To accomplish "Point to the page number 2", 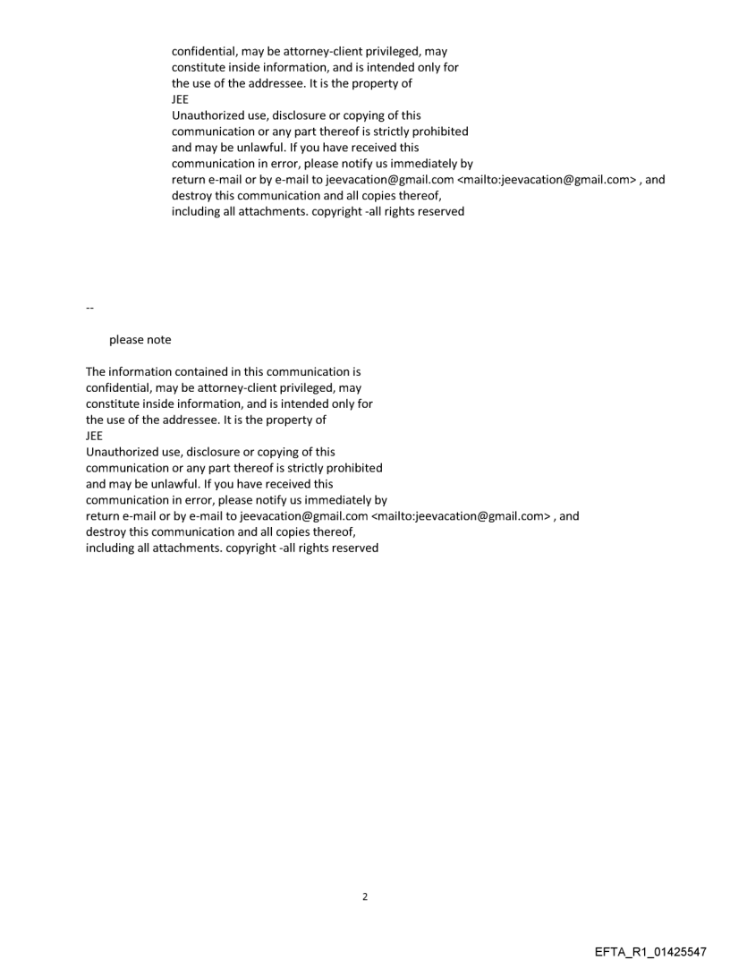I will click(x=364, y=896).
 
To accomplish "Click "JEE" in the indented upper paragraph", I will click(x=180, y=100).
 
